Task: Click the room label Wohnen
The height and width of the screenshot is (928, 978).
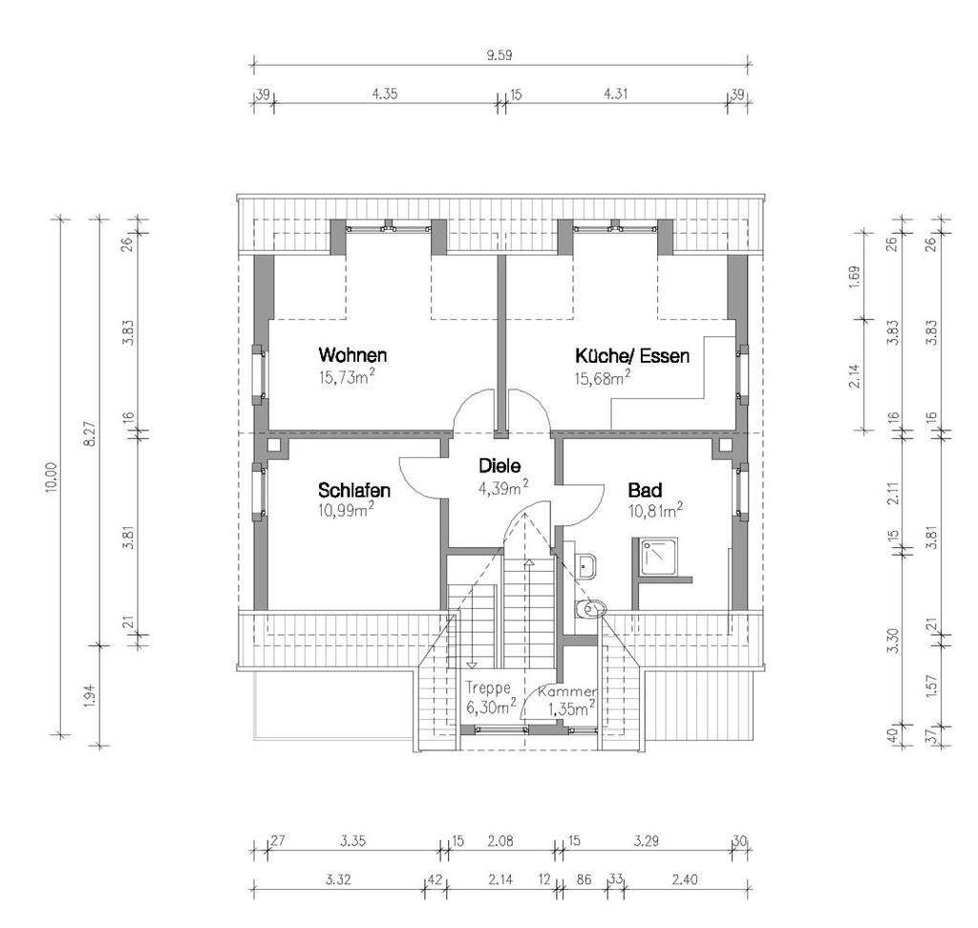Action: click(353, 355)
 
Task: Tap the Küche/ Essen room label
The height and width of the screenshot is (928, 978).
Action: click(631, 355)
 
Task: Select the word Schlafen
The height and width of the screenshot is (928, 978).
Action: click(353, 491)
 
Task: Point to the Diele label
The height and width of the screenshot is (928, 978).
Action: click(500, 467)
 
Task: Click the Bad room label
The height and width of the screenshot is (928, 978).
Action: click(645, 491)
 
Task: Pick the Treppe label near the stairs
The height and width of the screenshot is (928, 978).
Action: click(488, 686)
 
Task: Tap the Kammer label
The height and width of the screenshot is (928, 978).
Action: click(567, 690)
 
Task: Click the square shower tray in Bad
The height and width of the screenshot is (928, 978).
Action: click(659, 559)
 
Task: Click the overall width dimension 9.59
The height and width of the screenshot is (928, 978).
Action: click(500, 54)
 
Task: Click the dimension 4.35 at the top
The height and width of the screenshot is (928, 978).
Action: click(385, 94)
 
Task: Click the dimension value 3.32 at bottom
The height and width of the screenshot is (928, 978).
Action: click(335, 878)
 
